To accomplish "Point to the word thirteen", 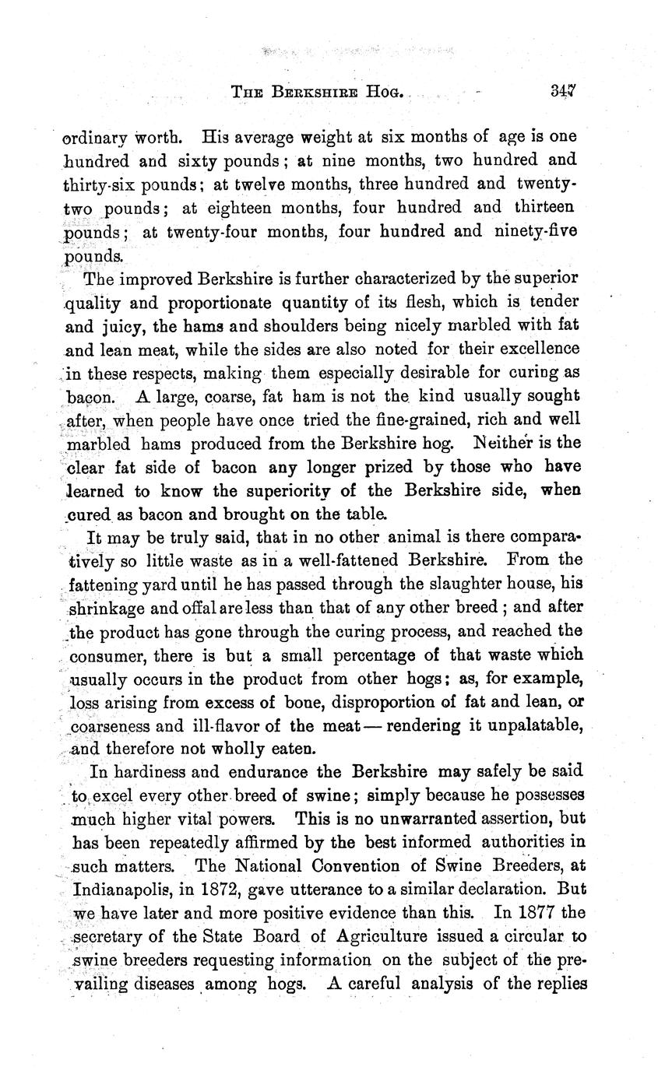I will pos(544,207).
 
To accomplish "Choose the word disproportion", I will pos(388,703).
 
